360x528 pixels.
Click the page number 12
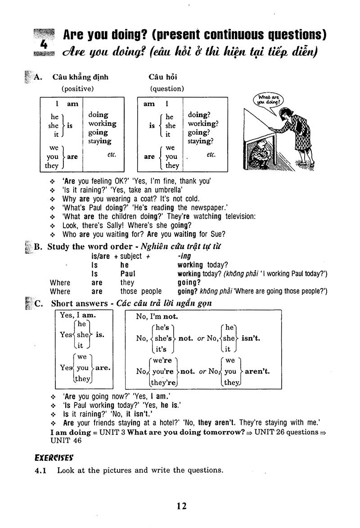point(181,506)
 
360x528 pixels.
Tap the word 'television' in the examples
point(236,216)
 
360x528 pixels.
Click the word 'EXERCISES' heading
point(54,458)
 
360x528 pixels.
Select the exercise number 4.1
point(41,470)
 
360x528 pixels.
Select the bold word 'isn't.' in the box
point(251,338)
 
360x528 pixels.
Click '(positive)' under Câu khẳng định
point(77,89)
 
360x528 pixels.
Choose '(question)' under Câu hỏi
point(167,89)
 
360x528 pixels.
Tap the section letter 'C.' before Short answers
point(38,303)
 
